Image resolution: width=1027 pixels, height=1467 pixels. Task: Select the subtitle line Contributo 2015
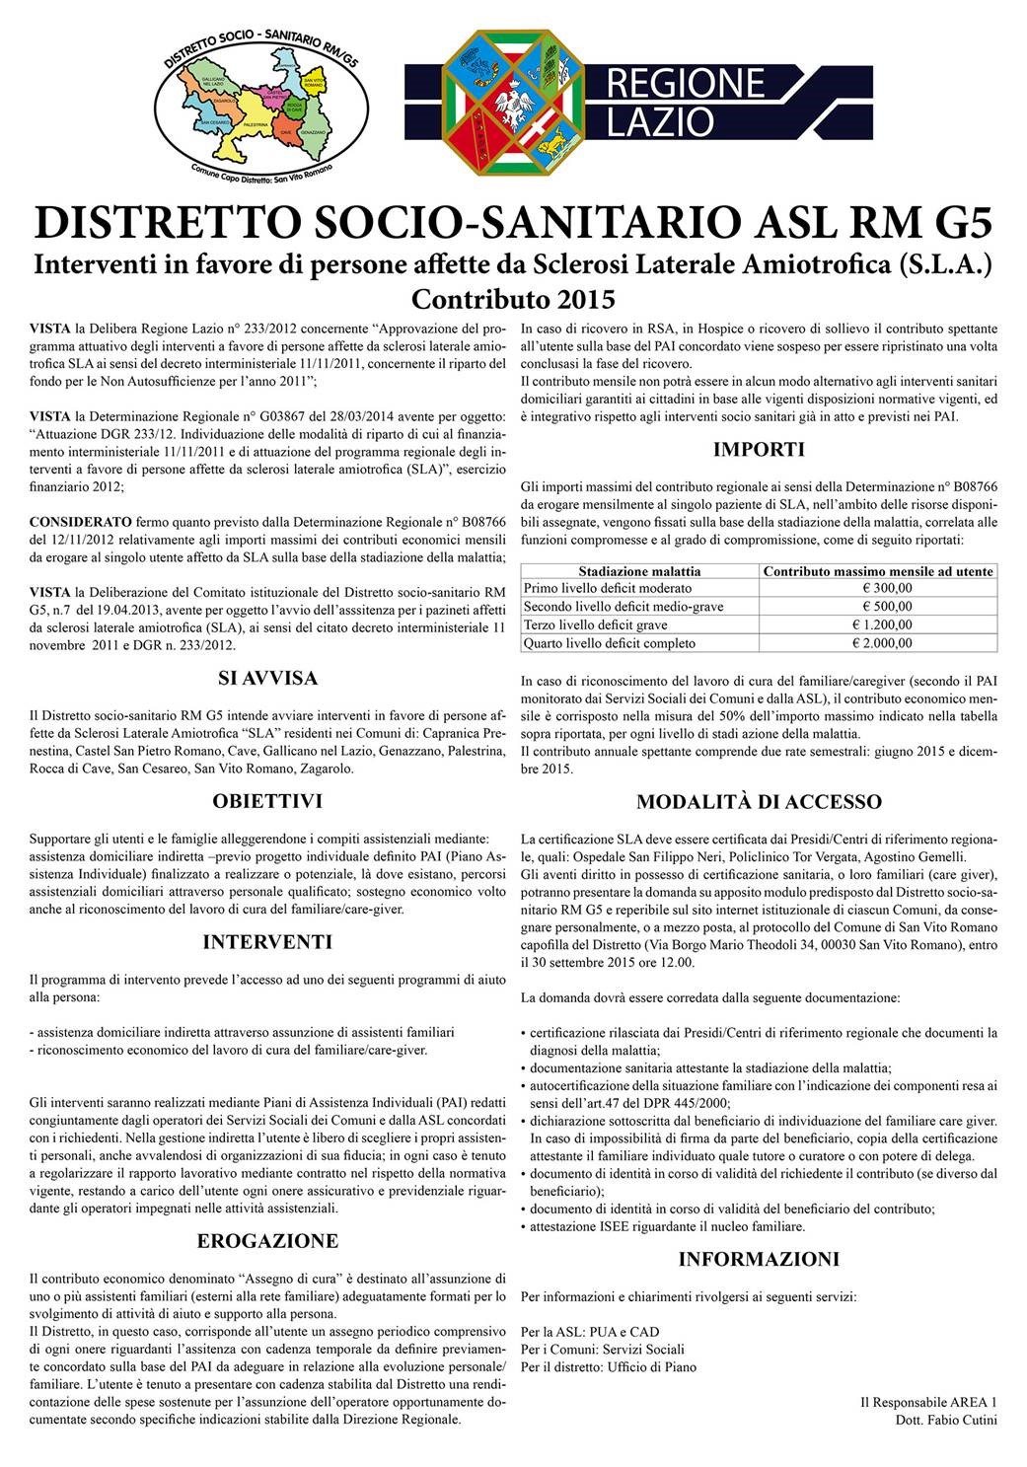pos(513,298)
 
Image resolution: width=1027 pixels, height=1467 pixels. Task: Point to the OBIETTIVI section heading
pos(267,801)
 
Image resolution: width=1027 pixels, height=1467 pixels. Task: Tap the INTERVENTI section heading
pos(267,942)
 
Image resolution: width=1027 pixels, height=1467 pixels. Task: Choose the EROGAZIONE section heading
pos(267,1241)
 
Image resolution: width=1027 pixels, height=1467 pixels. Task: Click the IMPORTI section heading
pos(759,450)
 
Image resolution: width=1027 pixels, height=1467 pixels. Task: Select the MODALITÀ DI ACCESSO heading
pos(759,801)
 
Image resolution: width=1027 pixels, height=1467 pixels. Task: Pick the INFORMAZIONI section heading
pos(759,1259)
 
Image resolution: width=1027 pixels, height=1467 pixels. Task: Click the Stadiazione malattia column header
pos(639,571)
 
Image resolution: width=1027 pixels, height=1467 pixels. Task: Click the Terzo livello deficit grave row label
pos(595,624)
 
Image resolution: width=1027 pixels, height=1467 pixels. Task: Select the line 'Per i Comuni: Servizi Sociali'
pos(602,1349)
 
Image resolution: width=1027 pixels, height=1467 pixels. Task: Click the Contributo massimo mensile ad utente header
pos(879,571)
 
